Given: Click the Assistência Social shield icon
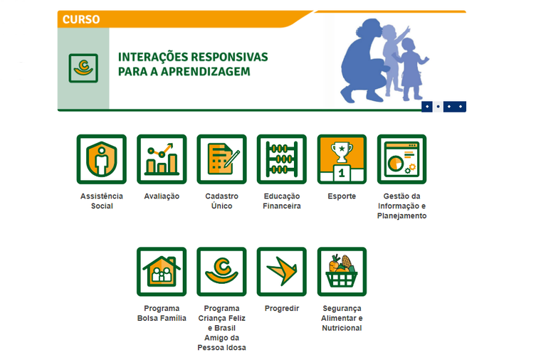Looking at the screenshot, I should point(101,159).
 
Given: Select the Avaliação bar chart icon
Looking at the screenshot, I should point(162,159).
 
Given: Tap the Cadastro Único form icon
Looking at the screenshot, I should point(221,159).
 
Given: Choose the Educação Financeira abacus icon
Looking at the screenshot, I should point(282,159).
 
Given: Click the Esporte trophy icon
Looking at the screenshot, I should point(342,159).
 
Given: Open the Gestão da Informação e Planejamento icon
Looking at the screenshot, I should point(401,159).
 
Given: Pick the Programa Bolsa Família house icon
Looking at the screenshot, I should point(162,272).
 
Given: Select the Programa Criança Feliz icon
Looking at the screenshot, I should point(221,272).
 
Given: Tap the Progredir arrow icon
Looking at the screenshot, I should point(282,272).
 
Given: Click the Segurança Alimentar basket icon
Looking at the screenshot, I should point(342,272).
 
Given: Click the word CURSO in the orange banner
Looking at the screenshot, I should point(81,19).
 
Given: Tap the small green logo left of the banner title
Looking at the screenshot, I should point(83,68).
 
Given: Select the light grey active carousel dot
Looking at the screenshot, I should point(438,107).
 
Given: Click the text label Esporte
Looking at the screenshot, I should point(342,196).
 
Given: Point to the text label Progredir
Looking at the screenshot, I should point(282,309).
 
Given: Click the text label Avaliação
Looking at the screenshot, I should point(162,196).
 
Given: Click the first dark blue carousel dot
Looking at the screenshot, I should point(426,107).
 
